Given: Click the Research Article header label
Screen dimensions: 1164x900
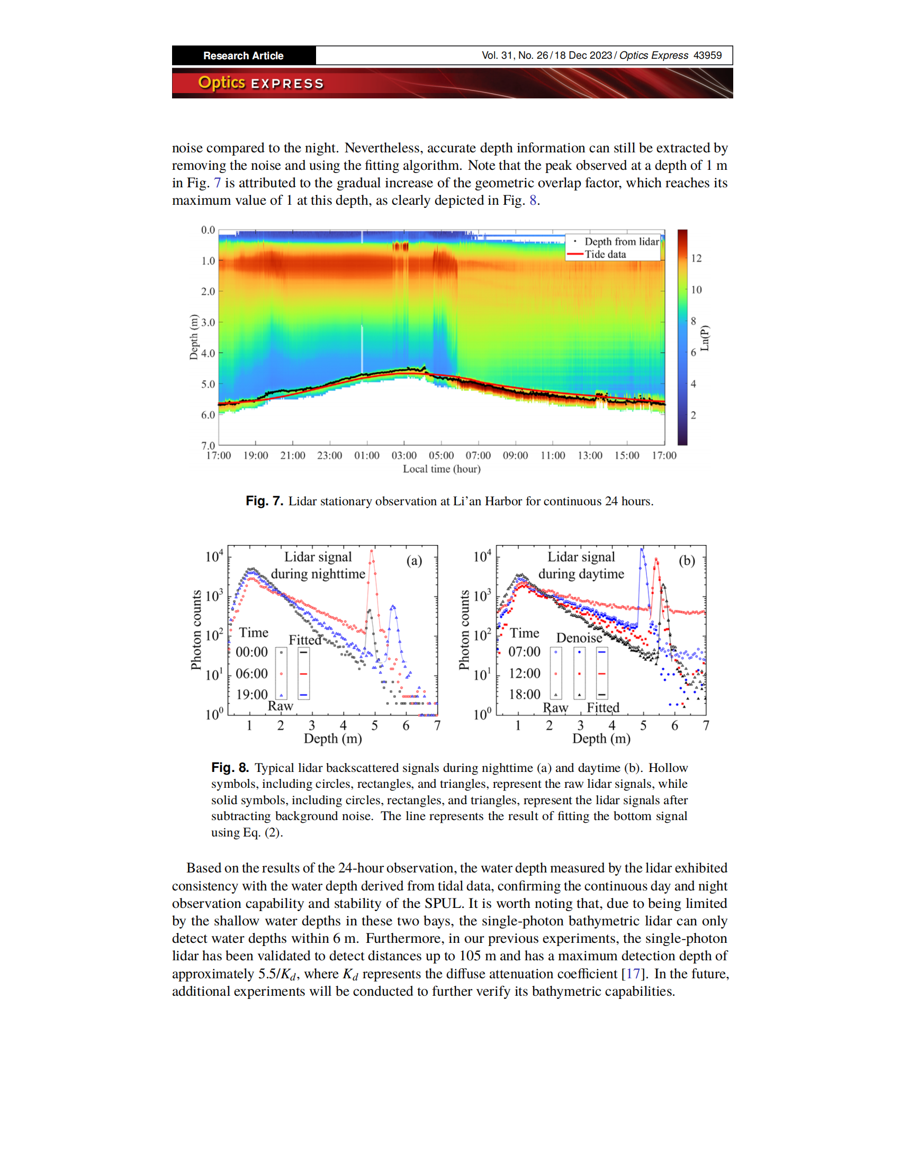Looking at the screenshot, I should [x=243, y=56].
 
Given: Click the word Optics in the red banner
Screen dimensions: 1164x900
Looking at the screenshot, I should [x=221, y=83].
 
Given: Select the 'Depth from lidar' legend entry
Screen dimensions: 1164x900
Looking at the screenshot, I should [x=621, y=241].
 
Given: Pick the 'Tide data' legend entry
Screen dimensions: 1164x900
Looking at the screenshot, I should [x=605, y=254].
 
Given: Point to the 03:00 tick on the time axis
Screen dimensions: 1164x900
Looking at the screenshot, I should [x=404, y=456].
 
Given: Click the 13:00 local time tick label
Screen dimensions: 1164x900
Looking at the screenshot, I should [x=590, y=456].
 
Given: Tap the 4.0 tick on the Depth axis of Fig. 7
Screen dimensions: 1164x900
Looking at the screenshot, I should [x=208, y=353].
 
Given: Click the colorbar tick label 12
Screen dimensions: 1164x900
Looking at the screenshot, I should [x=696, y=259].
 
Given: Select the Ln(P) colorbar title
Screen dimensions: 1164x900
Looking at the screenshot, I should [x=705, y=338].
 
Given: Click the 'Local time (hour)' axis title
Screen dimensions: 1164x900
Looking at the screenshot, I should [x=442, y=469].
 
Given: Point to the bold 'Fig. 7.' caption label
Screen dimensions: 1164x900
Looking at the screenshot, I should [x=264, y=502].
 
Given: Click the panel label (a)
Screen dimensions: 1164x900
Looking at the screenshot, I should [x=415, y=561].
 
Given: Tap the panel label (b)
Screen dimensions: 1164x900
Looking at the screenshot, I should [x=687, y=561].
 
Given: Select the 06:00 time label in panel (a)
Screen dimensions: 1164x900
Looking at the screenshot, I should [x=251, y=674].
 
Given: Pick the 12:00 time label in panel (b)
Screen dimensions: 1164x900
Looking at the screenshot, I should [x=525, y=674].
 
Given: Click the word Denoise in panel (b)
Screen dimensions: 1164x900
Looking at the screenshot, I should [x=579, y=638].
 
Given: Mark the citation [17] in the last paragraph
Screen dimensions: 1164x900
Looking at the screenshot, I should [x=633, y=974].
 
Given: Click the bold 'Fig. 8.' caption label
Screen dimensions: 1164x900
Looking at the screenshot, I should [x=230, y=768].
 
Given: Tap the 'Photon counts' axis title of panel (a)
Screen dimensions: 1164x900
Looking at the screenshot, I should [x=196, y=630].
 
